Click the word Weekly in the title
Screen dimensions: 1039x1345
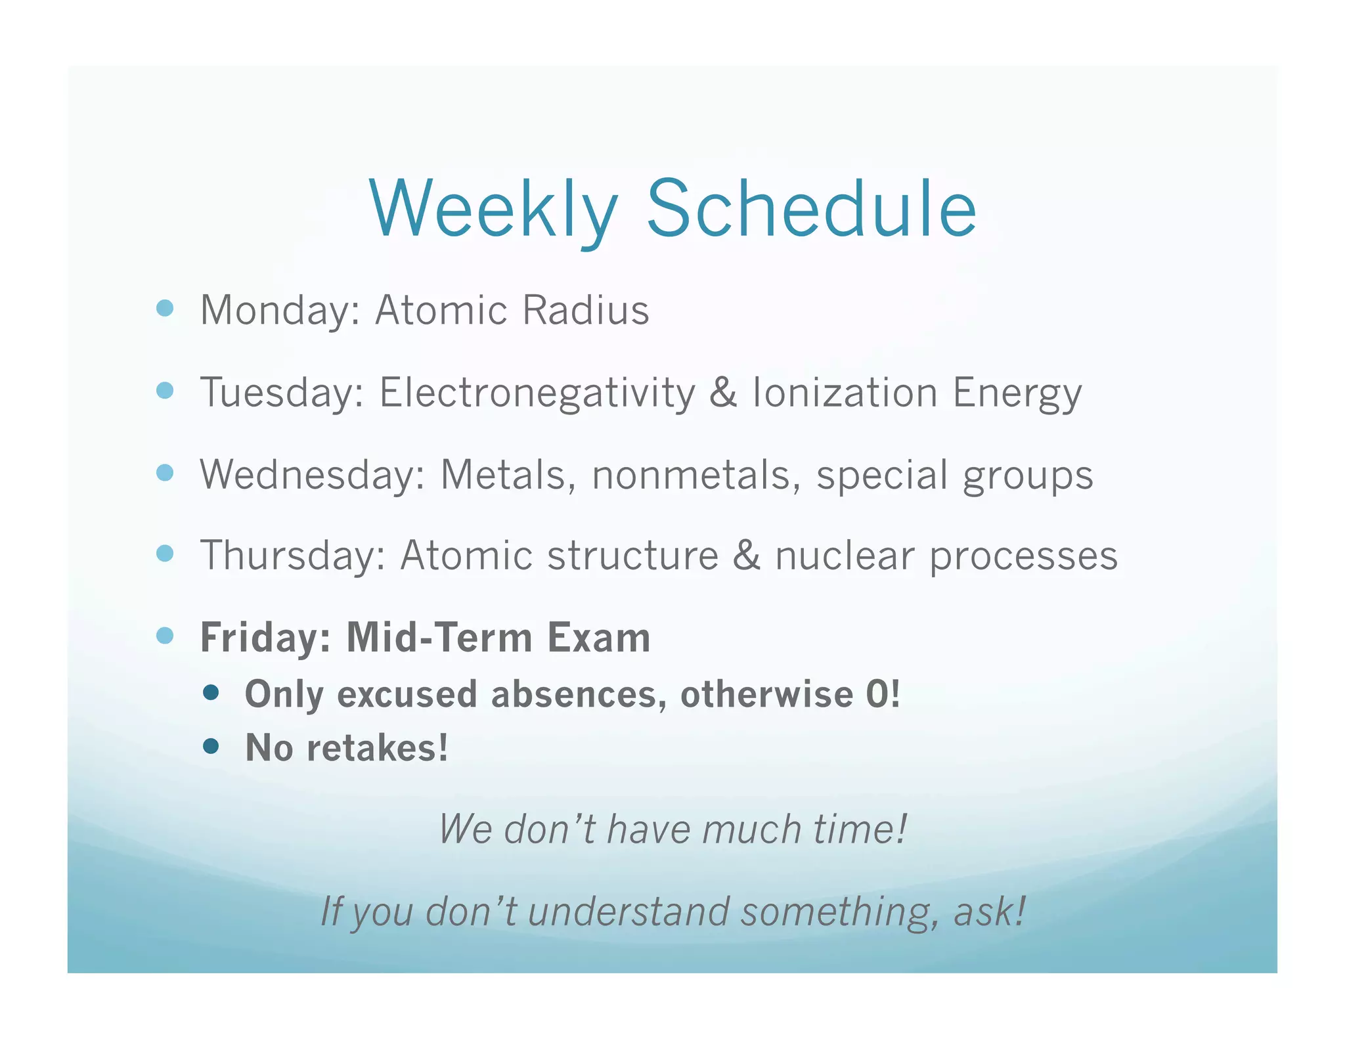[494, 209]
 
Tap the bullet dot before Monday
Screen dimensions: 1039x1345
[165, 308]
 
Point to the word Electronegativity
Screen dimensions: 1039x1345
[537, 393]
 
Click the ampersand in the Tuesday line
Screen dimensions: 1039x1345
[723, 393]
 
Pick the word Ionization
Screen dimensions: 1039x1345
[845, 393]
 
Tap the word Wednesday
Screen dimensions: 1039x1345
[313, 474]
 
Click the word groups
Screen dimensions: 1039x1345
[1028, 475]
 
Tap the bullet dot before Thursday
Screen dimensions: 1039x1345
[165, 554]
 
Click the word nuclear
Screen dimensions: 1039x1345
[845, 556]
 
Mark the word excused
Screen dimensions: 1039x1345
[407, 694]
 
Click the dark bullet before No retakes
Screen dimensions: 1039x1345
[211, 746]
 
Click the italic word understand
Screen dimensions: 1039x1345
[628, 912]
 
